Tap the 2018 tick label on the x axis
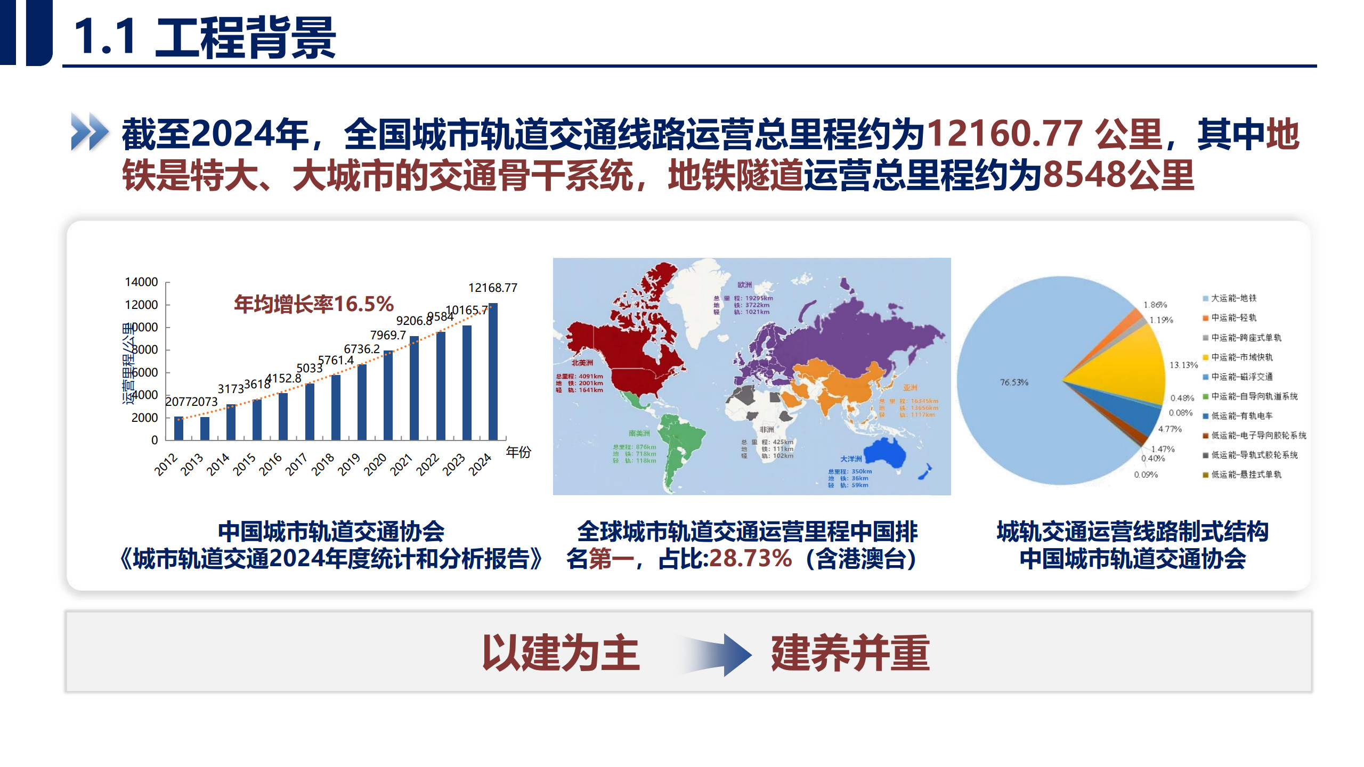(323, 464)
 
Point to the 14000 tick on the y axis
(141, 282)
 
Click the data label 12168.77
(492, 288)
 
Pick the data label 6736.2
(362, 349)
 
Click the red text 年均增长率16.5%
(314, 304)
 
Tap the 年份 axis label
(518, 452)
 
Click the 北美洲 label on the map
(582, 363)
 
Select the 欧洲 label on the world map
(744, 285)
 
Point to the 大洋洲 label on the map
(851, 459)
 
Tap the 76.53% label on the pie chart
(1014, 382)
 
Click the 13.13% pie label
(1183, 365)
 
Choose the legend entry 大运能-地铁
(1233, 298)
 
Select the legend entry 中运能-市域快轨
(1241, 357)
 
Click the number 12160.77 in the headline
(1005, 133)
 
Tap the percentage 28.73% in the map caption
(750, 559)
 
